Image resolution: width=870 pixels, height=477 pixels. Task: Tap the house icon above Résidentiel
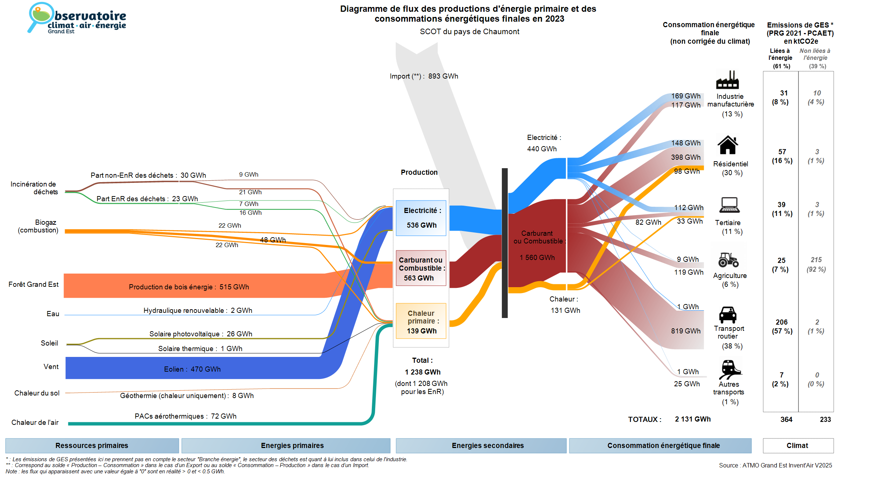click(x=728, y=145)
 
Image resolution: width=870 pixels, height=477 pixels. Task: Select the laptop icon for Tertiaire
click(x=729, y=205)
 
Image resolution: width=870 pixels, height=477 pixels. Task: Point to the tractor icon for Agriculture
click(x=728, y=260)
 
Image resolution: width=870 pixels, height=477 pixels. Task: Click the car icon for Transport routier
click(x=728, y=315)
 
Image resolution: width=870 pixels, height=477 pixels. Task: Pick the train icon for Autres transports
click(x=730, y=369)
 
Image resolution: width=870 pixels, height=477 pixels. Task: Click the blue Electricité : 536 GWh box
click(x=421, y=218)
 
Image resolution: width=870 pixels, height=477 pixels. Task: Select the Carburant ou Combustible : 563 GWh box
click(x=421, y=268)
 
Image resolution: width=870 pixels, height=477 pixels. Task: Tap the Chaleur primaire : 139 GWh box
click(x=421, y=321)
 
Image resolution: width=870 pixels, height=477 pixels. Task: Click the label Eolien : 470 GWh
click(x=192, y=369)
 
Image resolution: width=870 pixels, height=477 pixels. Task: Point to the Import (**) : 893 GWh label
click(x=424, y=76)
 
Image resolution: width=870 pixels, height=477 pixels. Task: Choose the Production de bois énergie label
click(x=189, y=287)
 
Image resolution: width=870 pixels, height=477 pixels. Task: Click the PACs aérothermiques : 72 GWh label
click(x=185, y=416)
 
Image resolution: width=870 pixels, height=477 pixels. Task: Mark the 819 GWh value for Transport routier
click(x=686, y=331)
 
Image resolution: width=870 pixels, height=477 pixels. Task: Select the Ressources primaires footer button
click(x=92, y=445)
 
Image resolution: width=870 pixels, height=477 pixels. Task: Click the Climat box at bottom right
click(x=797, y=445)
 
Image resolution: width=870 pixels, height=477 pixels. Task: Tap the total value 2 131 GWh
click(x=693, y=419)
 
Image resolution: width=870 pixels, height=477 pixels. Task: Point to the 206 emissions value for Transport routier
click(x=782, y=322)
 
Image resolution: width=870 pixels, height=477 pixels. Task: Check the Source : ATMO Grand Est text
click(x=775, y=465)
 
